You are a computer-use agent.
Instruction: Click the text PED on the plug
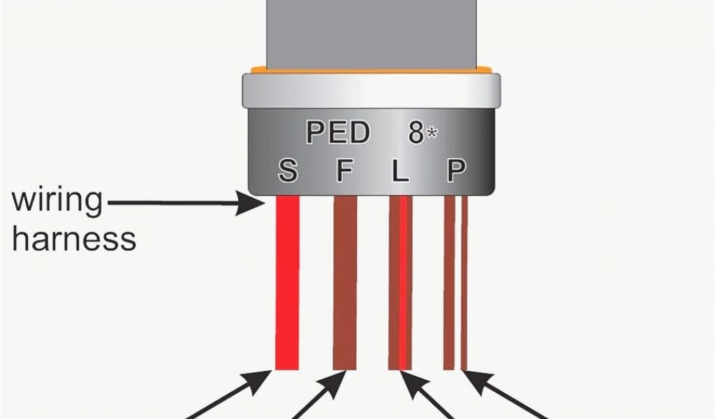(x=338, y=133)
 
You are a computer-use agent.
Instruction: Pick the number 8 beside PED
(x=416, y=133)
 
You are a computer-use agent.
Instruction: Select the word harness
(x=74, y=240)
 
